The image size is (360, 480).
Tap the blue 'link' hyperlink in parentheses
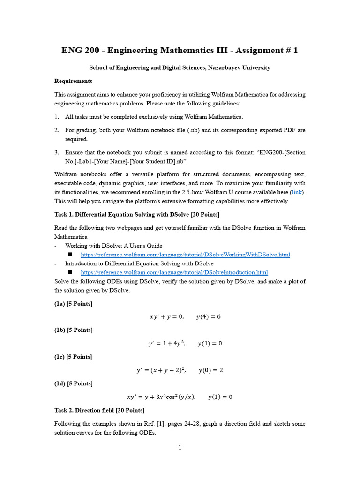tap(296, 193)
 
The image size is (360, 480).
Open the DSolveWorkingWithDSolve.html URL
tap(185, 255)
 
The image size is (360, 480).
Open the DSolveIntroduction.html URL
tap(174, 272)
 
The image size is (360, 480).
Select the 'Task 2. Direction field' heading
tap(99, 410)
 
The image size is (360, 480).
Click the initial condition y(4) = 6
tap(208, 317)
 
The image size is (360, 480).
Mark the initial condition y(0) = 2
tap(210, 370)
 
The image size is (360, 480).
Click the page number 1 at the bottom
tap(180, 448)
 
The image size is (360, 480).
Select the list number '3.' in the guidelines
tap(57, 152)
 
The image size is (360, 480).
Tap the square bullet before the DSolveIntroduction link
tap(70, 272)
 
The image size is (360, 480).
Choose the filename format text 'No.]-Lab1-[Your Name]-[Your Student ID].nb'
tap(127, 161)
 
